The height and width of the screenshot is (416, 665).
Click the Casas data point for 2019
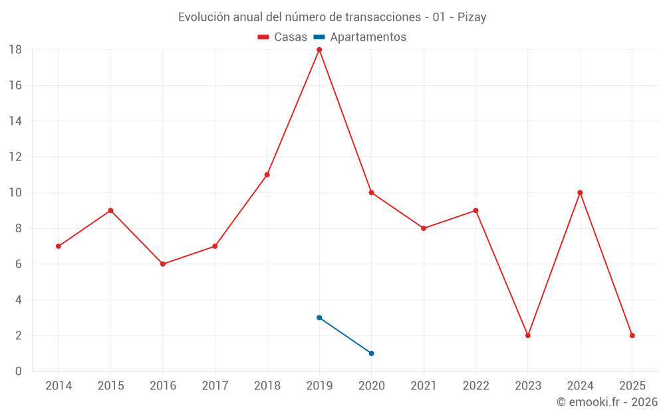(319, 50)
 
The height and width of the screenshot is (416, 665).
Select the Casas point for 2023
(528, 335)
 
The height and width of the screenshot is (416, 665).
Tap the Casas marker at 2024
(580, 192)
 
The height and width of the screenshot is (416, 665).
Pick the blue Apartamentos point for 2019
(319, 317)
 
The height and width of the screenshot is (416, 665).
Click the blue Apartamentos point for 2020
(371, 353)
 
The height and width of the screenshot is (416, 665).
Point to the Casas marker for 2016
(162, 264)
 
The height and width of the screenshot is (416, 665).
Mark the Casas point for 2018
(267, 174)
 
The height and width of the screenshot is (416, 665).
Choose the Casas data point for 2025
(632, 335)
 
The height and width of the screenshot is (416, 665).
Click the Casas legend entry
(283, 37)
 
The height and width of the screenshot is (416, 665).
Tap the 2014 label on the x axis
(59, 386)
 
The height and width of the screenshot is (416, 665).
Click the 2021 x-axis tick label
(424, 386)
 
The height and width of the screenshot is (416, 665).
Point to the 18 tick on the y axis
(15, 50)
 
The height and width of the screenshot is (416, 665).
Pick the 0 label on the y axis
(19, 371)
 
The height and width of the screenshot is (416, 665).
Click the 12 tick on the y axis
(15, 157)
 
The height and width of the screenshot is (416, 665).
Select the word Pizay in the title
(471, 17)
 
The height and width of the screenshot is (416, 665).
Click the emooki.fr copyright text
(607, 402)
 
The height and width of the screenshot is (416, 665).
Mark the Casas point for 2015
(110, 210)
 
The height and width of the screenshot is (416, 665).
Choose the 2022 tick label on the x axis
(476, 386)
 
